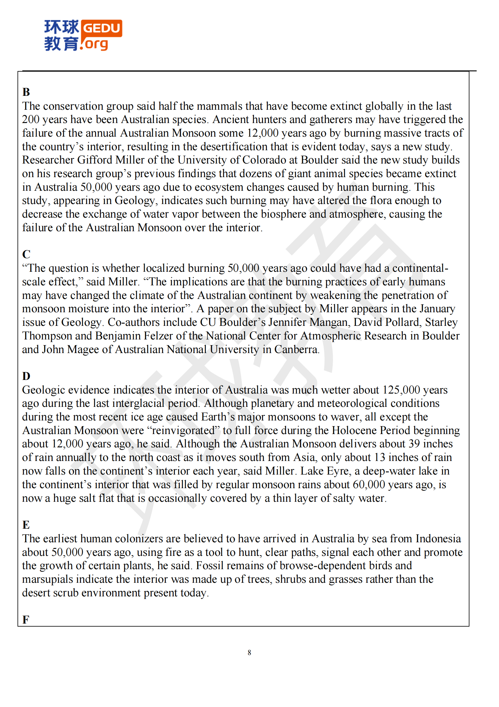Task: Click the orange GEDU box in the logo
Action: [101, 28]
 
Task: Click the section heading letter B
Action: [26, 92]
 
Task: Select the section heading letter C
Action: [26, 254]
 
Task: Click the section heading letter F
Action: [26, 619]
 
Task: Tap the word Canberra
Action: [296, 349]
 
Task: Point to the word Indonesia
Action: [438, 539]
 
